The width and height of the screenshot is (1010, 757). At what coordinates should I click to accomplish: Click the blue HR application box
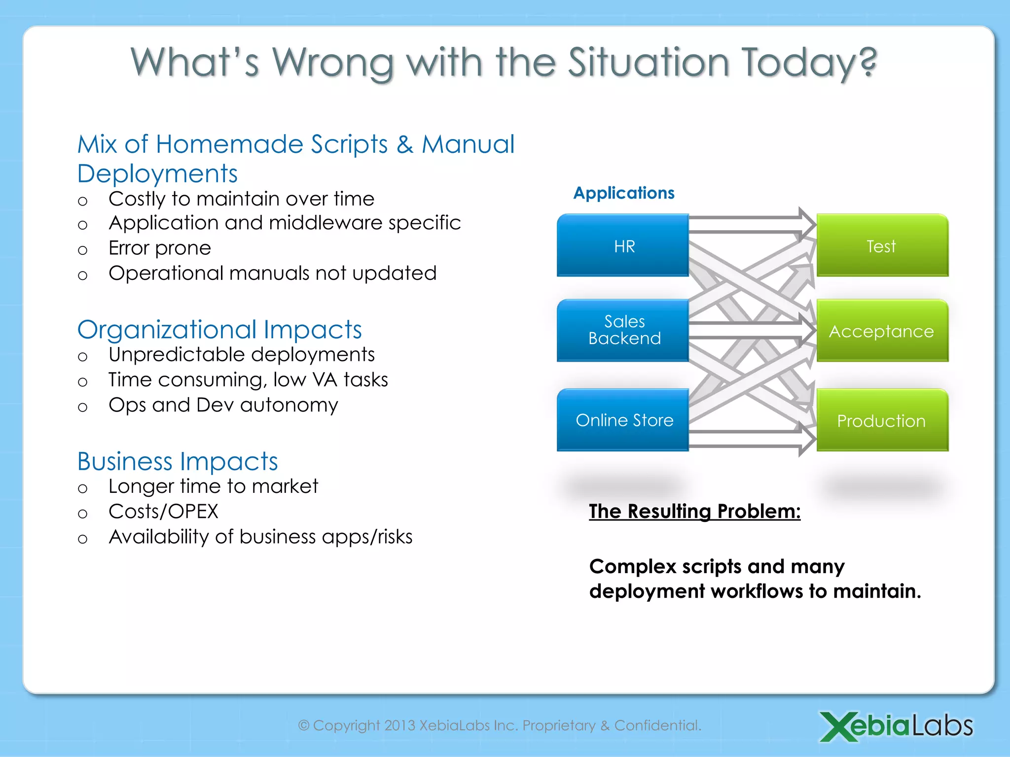pos(623,245)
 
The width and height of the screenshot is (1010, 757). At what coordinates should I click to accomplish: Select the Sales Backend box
pos(623,330)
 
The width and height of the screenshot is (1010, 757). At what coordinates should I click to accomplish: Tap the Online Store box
pos(623,420)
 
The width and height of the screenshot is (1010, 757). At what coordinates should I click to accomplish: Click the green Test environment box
pos(882,245)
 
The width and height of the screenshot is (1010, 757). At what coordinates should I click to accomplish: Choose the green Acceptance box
pos(882,331)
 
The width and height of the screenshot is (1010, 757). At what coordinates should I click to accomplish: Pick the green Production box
pos(882,420)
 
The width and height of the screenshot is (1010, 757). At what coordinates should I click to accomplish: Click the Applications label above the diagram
pos(624,193)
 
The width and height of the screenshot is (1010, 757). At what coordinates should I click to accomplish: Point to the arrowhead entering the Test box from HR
pos(807,224)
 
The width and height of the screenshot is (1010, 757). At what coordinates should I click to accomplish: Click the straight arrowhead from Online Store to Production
pos(807,439)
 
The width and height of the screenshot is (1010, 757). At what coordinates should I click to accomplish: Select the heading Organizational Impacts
pos(219,330)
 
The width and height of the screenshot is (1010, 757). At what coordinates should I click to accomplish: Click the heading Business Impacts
pos(178,461)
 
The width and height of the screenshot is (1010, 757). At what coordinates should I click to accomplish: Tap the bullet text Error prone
pos(160,248)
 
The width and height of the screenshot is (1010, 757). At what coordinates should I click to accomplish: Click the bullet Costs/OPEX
pos(163,512)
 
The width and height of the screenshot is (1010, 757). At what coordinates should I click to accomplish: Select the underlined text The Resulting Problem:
pos(694,512)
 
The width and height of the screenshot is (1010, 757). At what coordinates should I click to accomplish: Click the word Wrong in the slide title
pos(333,63)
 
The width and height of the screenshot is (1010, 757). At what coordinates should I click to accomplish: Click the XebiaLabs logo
pos(896,725)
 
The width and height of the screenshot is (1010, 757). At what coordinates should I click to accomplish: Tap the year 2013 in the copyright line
pos(399,725)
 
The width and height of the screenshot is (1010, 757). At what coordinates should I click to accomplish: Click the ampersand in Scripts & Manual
pos(405,144)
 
